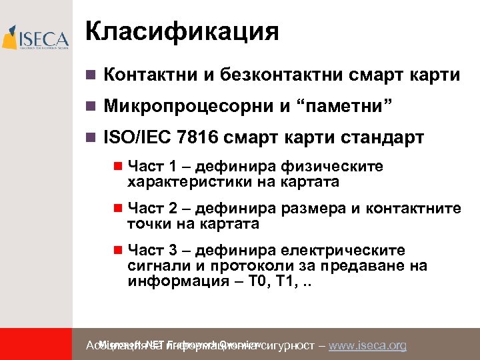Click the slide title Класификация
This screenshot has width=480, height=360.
click(182, 31)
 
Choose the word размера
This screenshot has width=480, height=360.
click(315, 209)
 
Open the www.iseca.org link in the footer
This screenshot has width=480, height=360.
click(368, 345)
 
